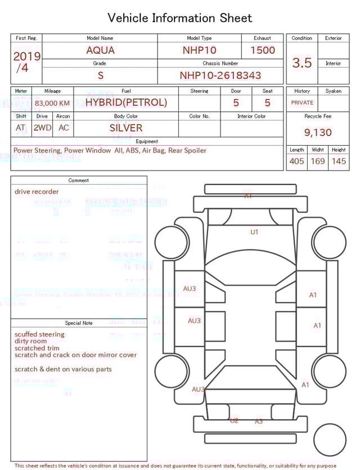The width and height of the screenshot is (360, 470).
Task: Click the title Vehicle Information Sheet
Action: (x=180, y=18)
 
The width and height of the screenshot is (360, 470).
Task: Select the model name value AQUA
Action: (x=100, y=50)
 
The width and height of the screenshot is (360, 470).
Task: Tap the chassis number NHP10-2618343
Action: (x=220, y=75)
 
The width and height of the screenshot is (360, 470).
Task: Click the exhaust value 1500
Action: (x=263, y=50)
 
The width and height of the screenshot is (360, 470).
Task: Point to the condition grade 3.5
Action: (x=302, y=63)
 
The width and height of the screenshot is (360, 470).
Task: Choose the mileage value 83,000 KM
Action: (x=52, y=104)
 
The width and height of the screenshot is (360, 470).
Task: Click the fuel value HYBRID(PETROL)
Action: (x=126, y=102)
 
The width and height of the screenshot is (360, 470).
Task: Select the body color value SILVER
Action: (x=126, y=128)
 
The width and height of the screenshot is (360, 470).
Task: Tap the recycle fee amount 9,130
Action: (x=318, y=133)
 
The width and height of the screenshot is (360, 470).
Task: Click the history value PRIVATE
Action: (x=302, y=103)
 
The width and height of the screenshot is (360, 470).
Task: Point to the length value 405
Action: (x=296, y=162)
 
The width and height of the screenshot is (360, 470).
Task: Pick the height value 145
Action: (x=339, y=162)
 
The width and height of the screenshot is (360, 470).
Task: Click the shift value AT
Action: (x=21, y=128)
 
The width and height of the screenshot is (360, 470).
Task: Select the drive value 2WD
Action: (x=42, y=128)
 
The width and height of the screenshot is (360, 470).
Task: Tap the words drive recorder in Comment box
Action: (x=37, y=192)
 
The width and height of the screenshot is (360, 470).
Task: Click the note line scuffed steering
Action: (x=39, y=334)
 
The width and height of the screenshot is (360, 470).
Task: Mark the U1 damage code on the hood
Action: (x=254, y=232)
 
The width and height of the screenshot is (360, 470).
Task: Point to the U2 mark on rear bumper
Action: (x=234, y=420)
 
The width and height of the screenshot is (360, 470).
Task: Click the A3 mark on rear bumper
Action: (x=259, y=422)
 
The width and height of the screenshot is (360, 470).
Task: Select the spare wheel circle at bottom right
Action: (x=330, y=440)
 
